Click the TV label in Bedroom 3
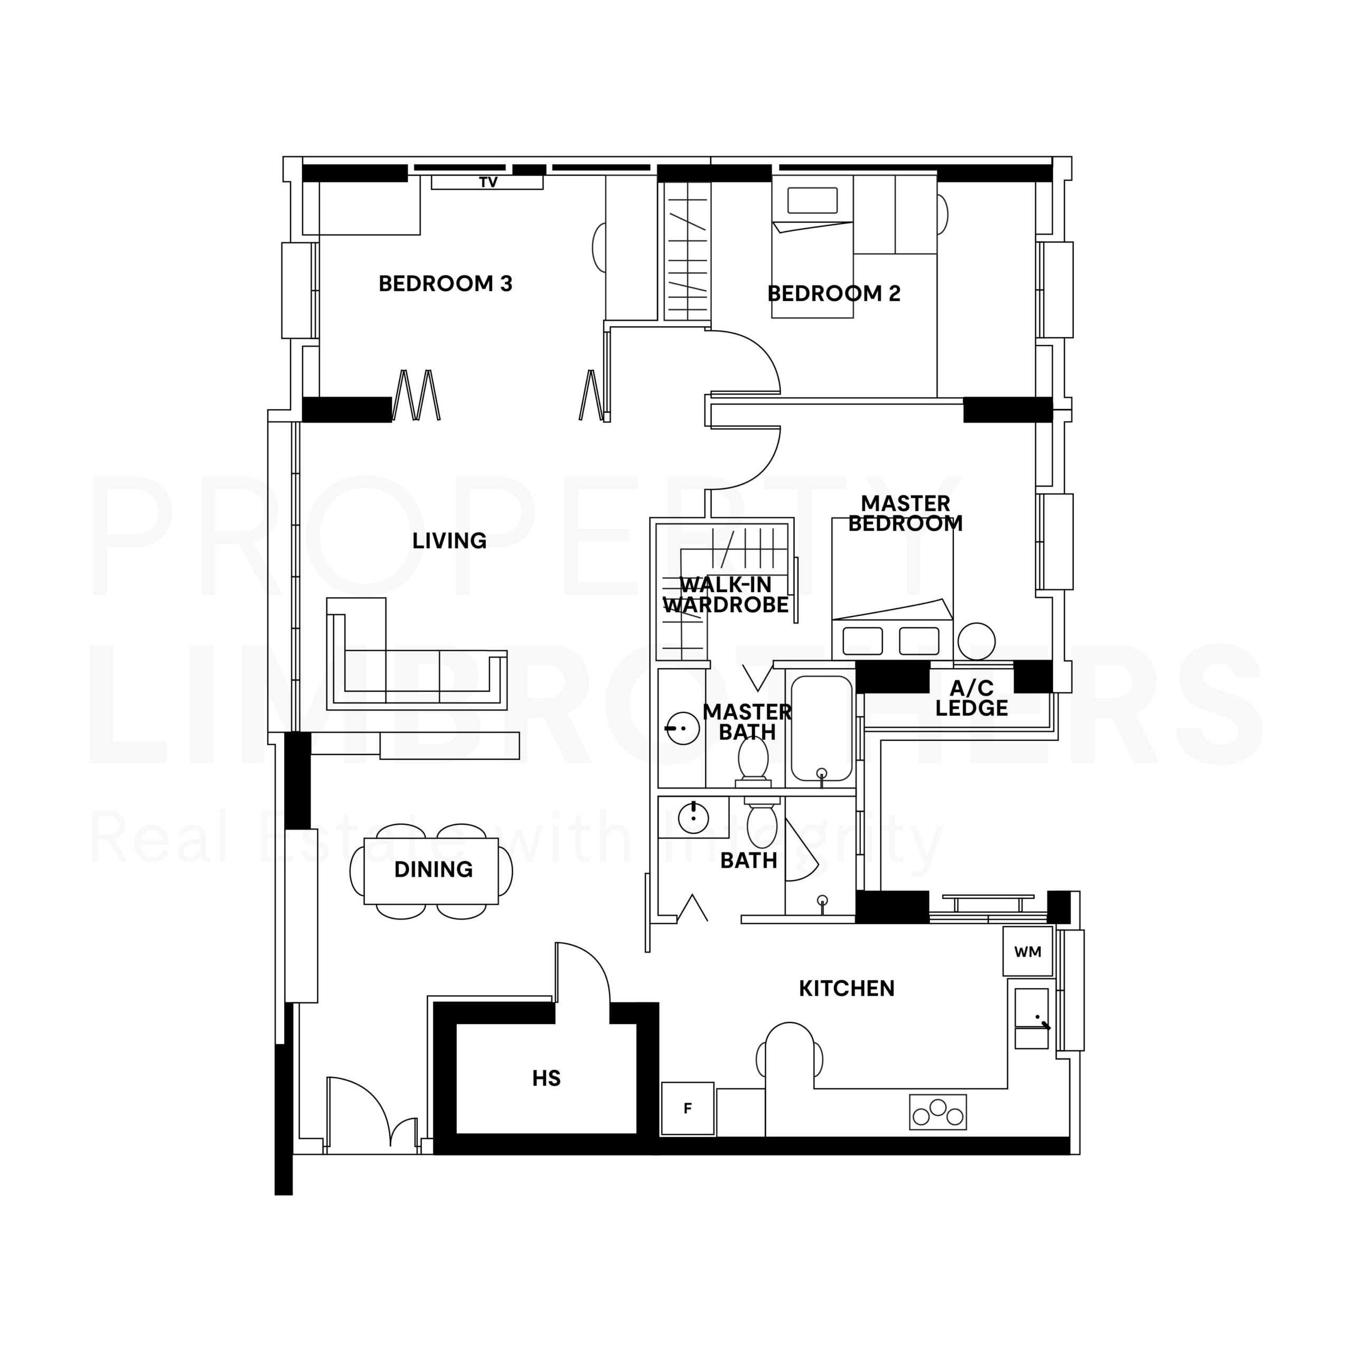(489, 183)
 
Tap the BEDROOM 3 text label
(446, 284)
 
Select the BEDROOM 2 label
(834, 293)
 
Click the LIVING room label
(449, 540)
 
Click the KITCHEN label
(847, 988)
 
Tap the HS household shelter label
(547, 1078)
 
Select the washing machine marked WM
(1028, 951)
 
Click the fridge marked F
(688, 1109)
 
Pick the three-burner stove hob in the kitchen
(938, 1113)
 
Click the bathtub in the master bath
(822, 728)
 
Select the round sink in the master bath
(682, 728)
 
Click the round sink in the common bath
(693, 818)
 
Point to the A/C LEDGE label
(972, 698)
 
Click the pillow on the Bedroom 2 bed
(812, 201)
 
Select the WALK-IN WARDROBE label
(726, 595)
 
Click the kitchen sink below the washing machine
(1031, 1018)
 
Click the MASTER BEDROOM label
(906, 513)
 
